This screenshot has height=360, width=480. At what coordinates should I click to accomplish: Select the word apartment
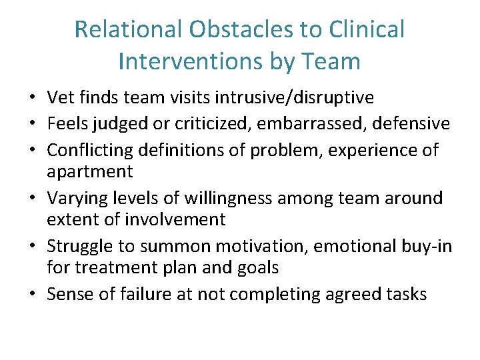click(x=90, y=171)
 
